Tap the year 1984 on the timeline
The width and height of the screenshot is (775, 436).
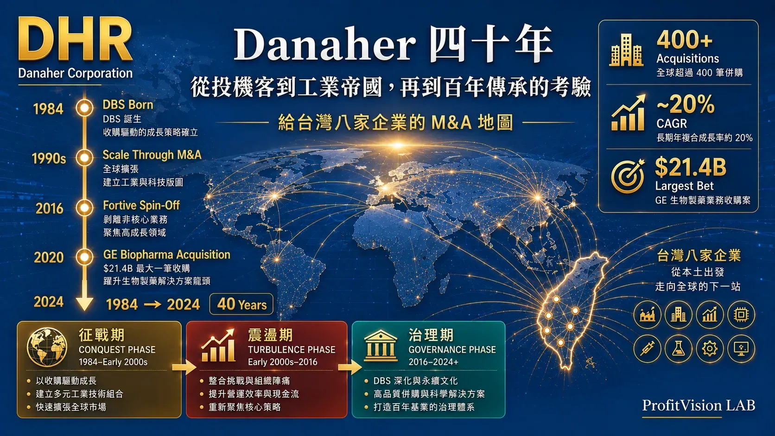[48, 109]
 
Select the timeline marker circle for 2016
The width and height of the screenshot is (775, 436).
[84, 208]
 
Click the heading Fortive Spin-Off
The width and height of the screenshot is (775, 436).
[141, 205]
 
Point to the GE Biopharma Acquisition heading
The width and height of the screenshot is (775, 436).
[166, 255]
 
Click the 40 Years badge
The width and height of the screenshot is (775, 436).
[241, 304]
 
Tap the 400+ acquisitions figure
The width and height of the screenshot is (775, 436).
[684, 40]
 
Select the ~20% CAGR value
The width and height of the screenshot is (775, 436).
[685, 105]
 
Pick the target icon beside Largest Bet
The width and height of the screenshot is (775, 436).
[628, 177]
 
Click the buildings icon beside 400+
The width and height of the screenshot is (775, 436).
[626, 50]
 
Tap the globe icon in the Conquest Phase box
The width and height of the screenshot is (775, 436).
[47, 347]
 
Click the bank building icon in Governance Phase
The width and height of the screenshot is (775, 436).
[380, 346]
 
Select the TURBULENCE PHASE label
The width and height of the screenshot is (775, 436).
[291, 350]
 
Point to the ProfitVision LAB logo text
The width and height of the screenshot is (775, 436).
[699, 405]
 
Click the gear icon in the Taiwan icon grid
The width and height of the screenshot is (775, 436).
[710, 348]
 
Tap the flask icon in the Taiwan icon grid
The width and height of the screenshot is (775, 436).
[679, 348]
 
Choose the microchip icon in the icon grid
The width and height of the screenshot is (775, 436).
[741, 315]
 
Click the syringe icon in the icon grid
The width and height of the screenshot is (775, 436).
[648, 348]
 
